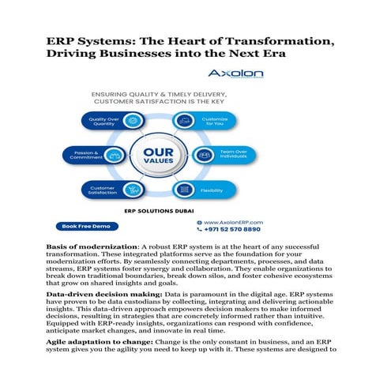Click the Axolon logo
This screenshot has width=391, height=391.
click(x=235, y=73)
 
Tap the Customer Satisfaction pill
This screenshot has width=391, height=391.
click(x=110, y=190)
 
